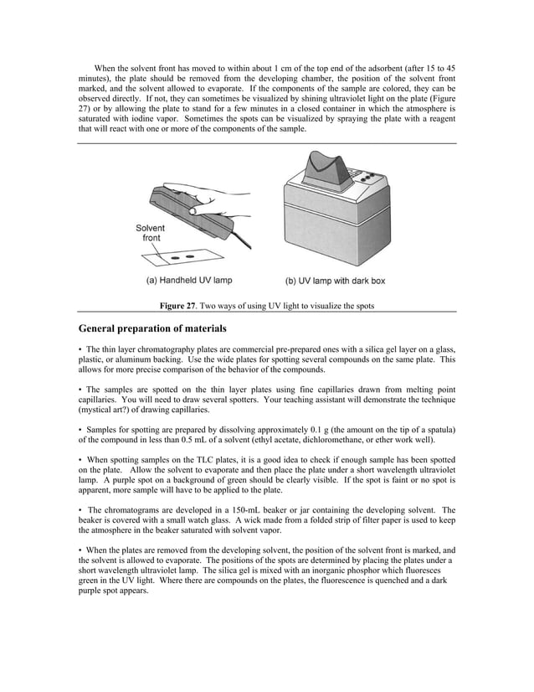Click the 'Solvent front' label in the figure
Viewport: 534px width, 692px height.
point(151,233)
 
